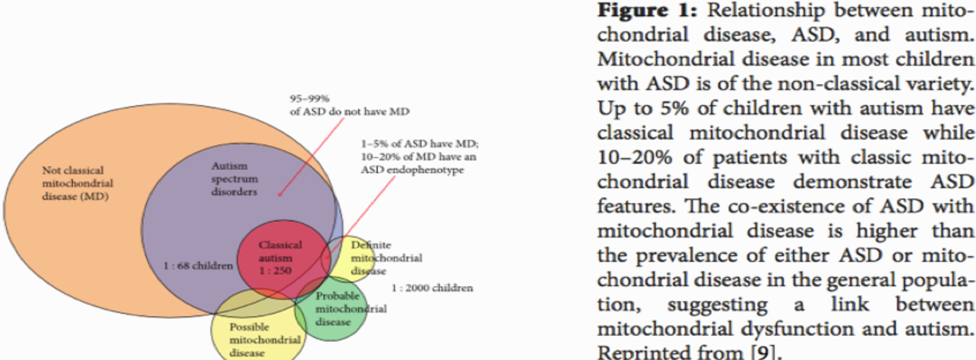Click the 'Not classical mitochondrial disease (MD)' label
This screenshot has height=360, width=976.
point(77,183)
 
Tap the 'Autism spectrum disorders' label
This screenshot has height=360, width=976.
point(234,179)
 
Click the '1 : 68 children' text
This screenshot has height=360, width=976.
point(198,265)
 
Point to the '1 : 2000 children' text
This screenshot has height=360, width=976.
point(432,288)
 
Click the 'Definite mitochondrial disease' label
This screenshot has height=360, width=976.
point(386,258)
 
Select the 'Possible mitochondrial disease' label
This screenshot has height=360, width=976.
point(264,340)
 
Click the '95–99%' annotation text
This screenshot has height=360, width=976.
point(310,98)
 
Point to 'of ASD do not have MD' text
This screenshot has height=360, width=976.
point(349,111)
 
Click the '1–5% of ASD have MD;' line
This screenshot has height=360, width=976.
point(419,144)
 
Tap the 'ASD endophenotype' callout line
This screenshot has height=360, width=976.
point(412,170)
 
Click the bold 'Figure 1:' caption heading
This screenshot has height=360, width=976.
point(647,10)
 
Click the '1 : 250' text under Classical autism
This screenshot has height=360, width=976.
point(275,271)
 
